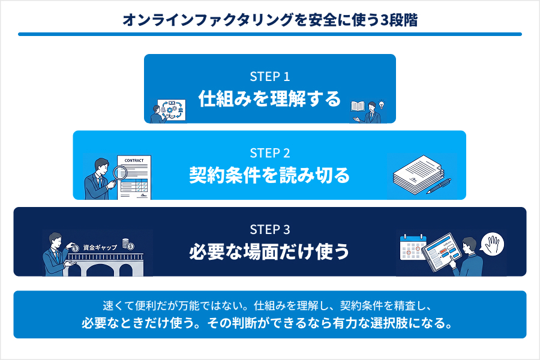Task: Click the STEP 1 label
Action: pos(269,77)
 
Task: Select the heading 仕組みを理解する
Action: pos(269,99)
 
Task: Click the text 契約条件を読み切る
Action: pos(269,175)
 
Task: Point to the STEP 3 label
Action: pos(269,229)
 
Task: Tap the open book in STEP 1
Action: pos(358,107)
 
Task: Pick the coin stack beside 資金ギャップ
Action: pos(127,244)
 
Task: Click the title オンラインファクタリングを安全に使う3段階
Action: pos(269,19)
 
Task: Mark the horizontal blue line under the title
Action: pos(269,34)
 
